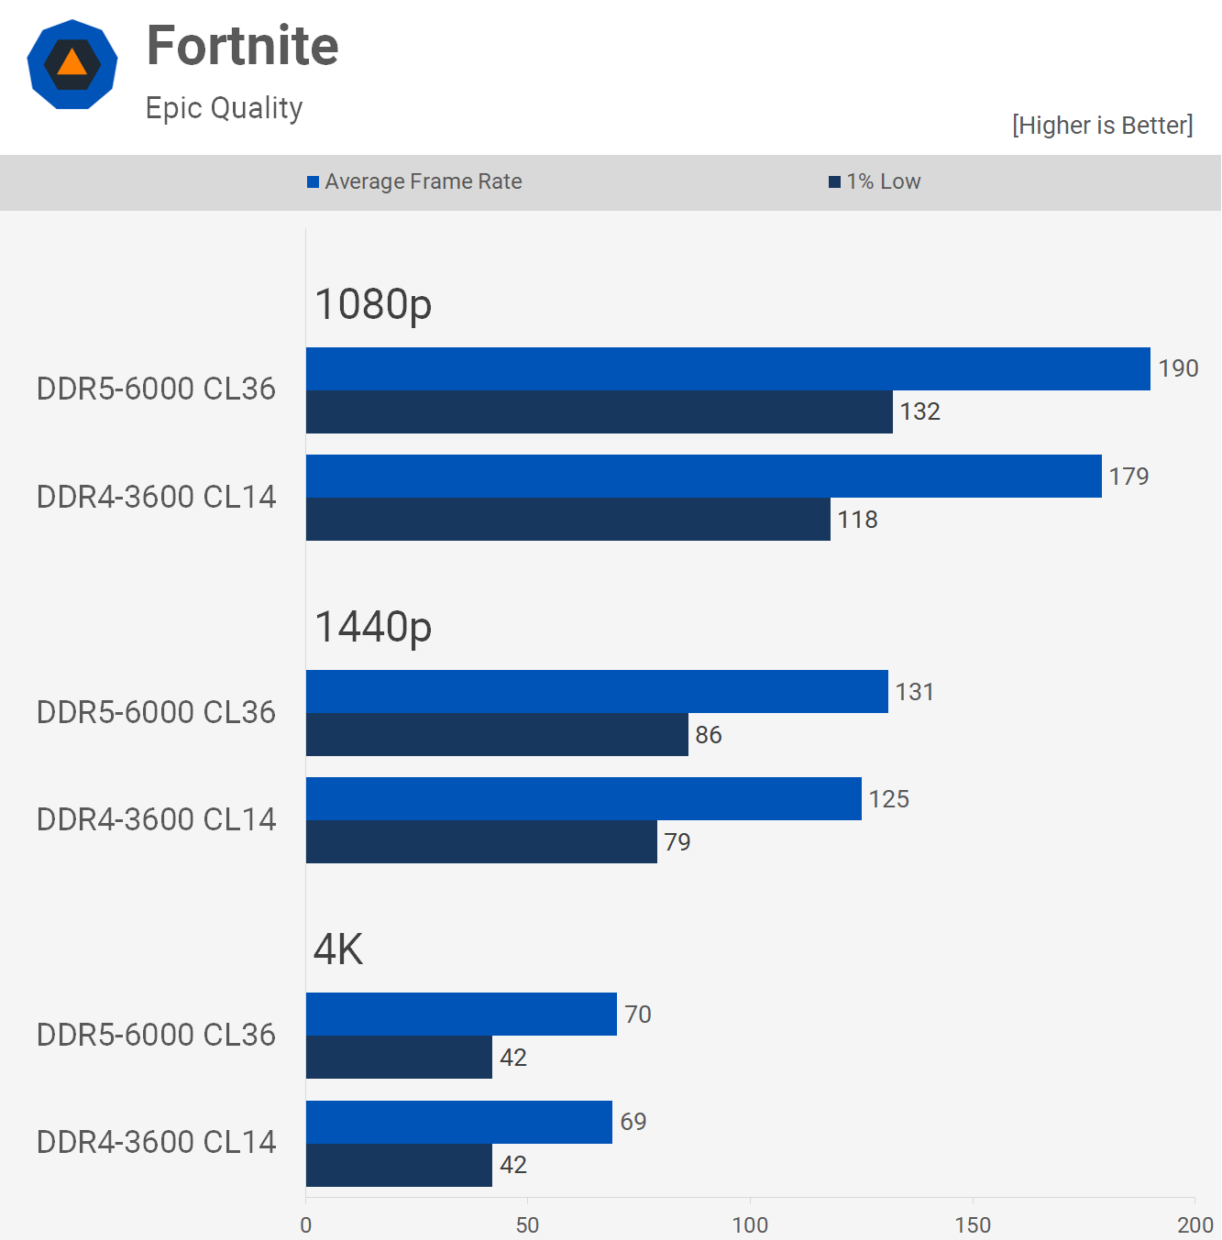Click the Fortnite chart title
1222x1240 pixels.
pyautogui.click(x=242, y=46)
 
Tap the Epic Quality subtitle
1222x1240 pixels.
pyautogui.click(x=224, y=108)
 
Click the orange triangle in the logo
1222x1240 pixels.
pyautogui.click(x=72, y=63)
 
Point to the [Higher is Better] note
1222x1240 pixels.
pyautogui.click(x=1102, y=126)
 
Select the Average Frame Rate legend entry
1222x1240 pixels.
pyautogui.click(x=414, y=181)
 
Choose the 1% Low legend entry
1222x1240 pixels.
pyautogui.click(x=875, y=181)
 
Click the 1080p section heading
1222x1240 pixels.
pyautogui.click(x=373, y=304)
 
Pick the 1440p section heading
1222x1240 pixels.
pyautogui.click(x=373, y=627)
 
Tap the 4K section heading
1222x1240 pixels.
pyautogui.click(x=338, y=949)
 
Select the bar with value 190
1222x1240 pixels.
pyautogui.click(x=728, y=368)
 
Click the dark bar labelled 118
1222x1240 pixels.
pyautogui.click(x=568, y=520)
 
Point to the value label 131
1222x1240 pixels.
pyautogui.click(x=915, y=692)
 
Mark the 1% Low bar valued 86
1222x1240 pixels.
pyautogui.click(x=497, y=735)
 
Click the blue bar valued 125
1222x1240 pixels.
pyautogui.click(x=584, y=799)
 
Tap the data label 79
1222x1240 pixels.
pyautogui.click(x=677, y=842)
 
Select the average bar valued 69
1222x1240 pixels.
pyautogui.click(x=459, y=1122)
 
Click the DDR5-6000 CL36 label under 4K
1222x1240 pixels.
pyautogui.click(x=156, y=1035)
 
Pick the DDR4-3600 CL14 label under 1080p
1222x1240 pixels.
pyautogui.click(x=156, y=497)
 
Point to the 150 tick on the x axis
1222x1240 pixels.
pyautogui.click(x=973, y=1225)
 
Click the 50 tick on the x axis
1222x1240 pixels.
pyautogui.click(x=527, y=1225)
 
